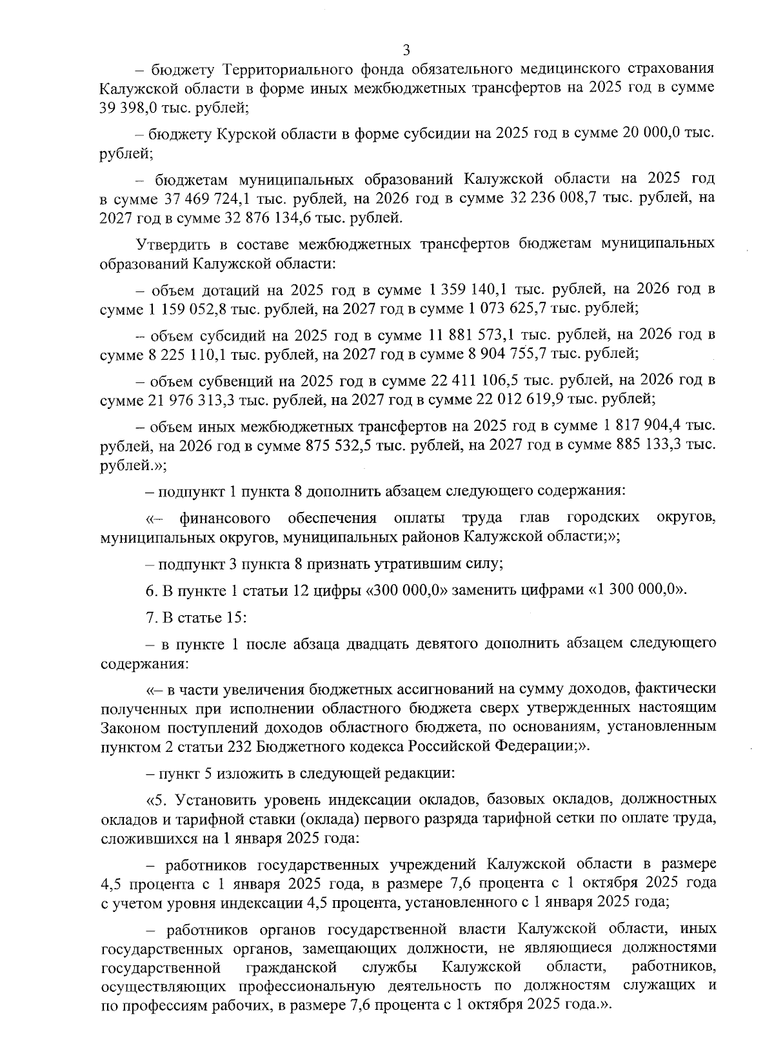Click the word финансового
(224, 518)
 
